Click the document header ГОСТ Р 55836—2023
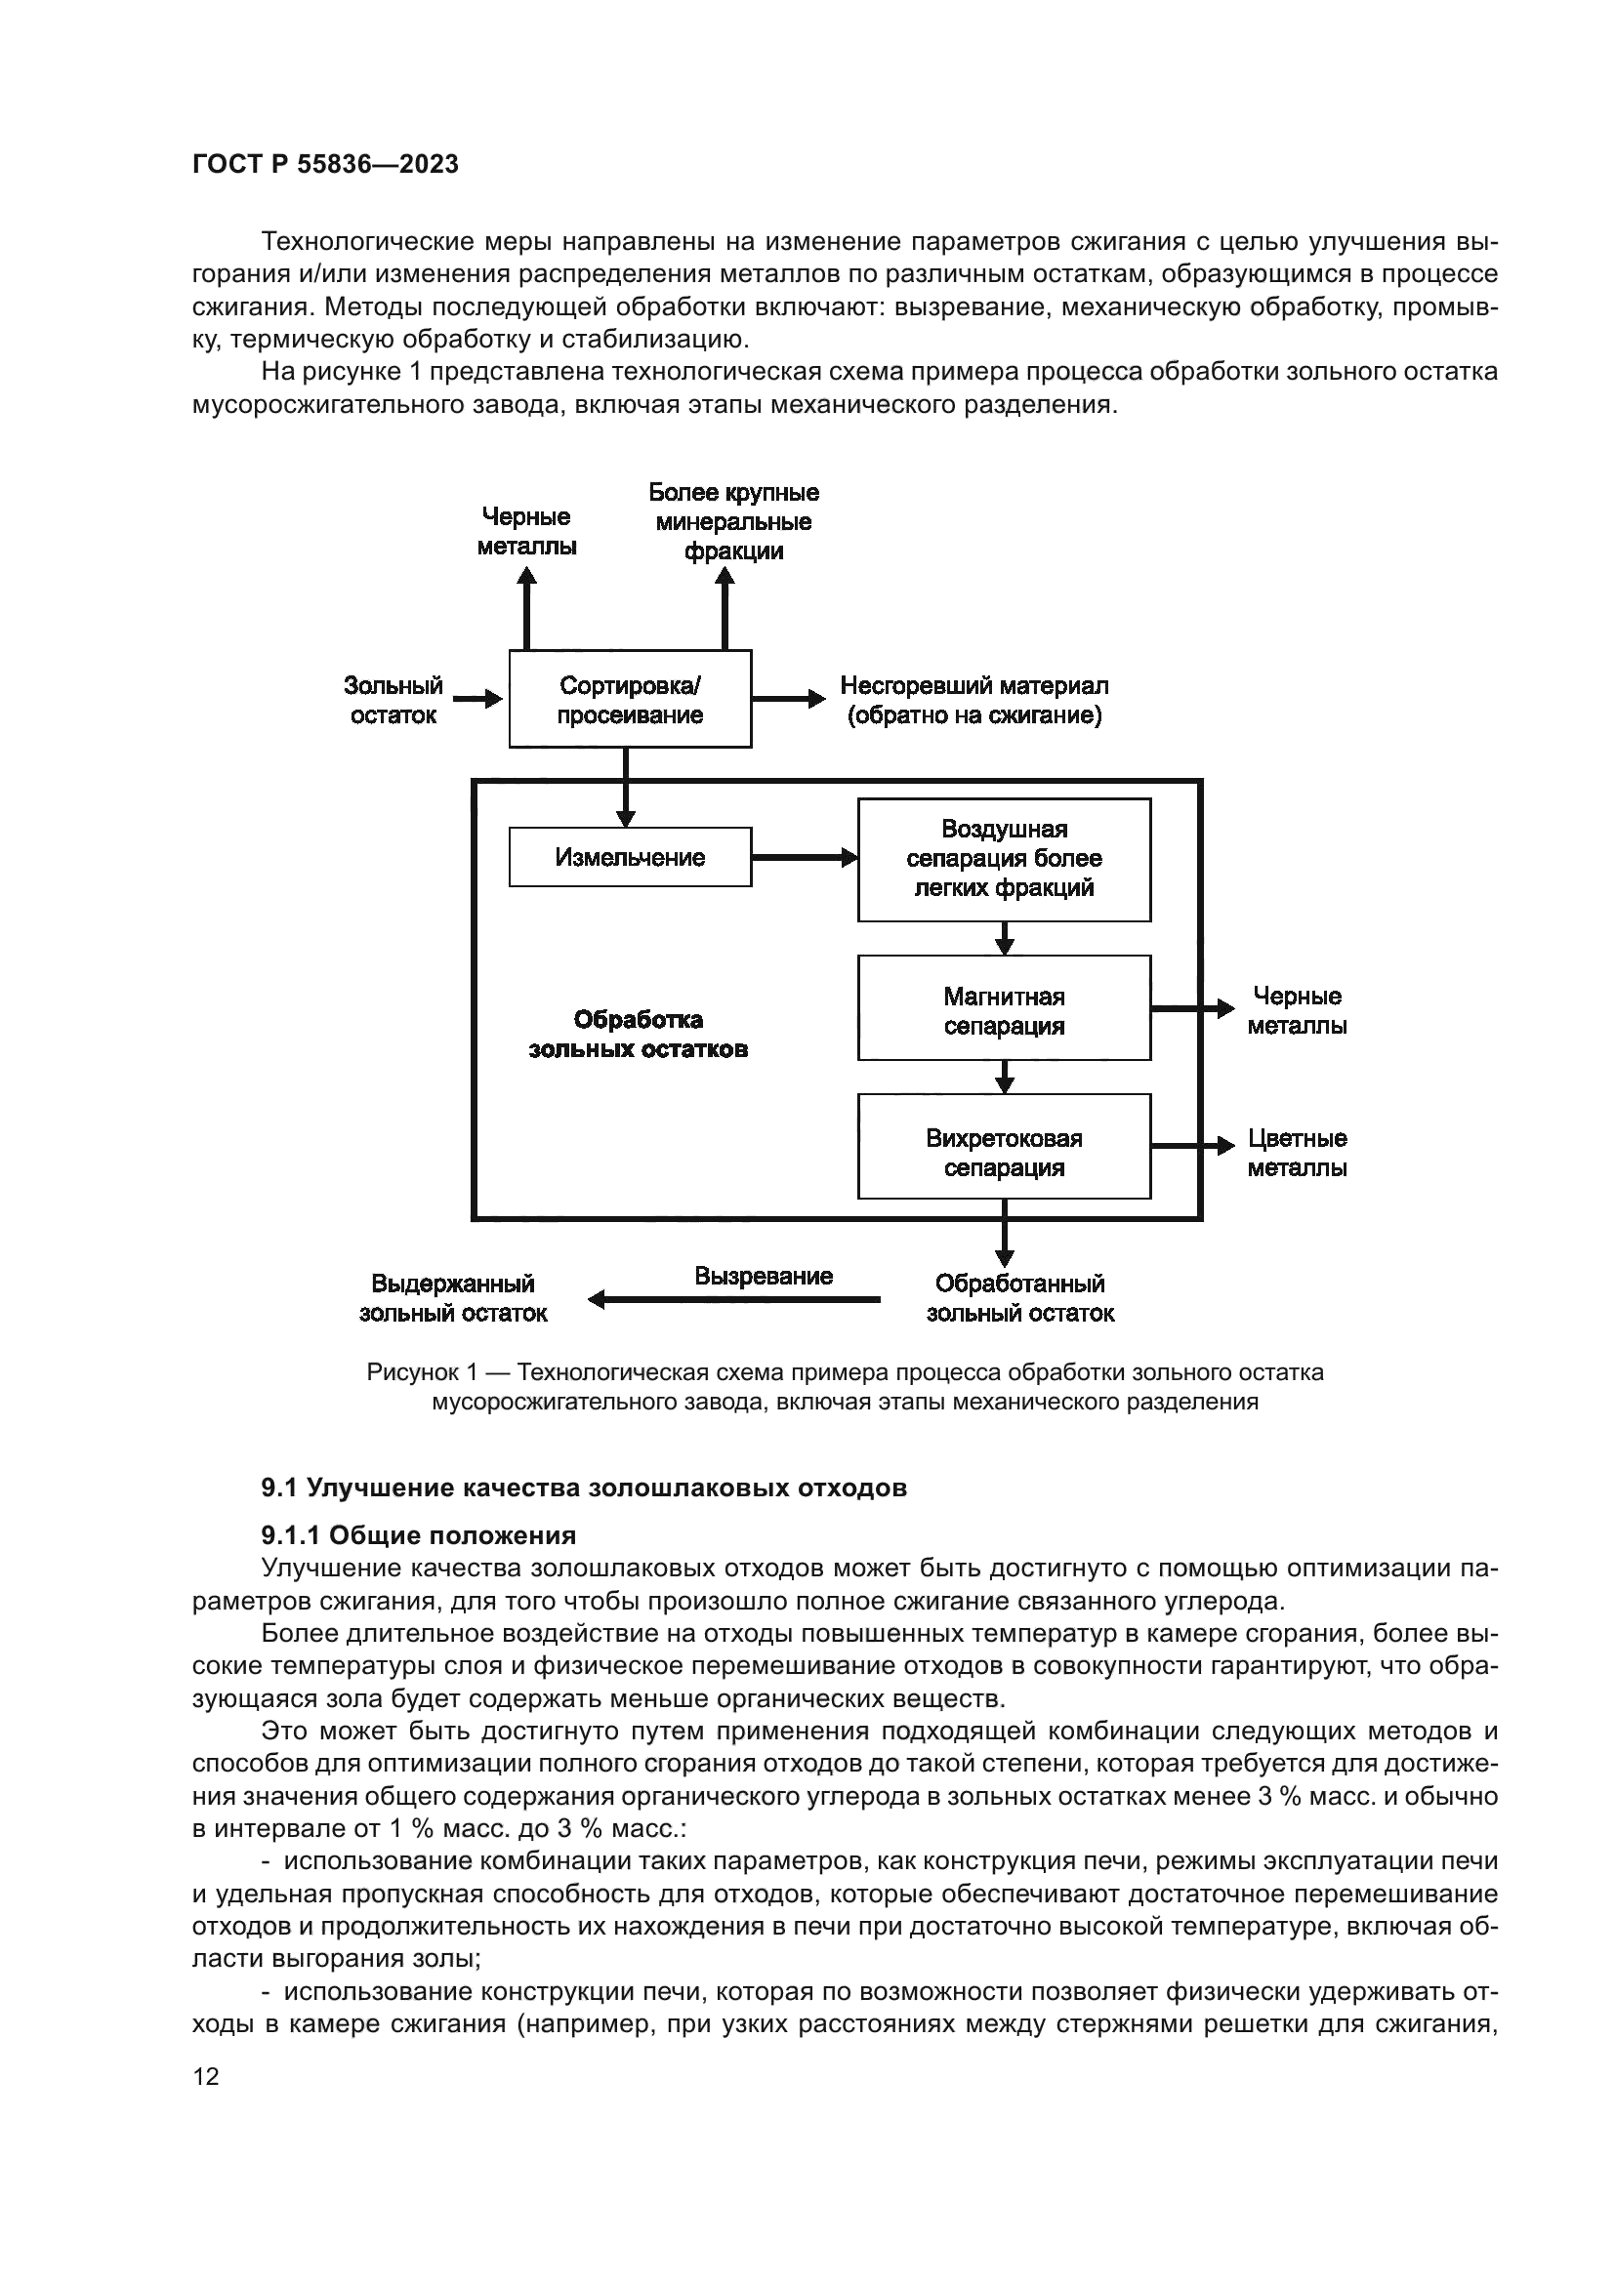click(325, 164)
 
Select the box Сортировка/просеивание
click(630, 699)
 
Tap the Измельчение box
click(630, 857)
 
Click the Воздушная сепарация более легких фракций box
click(1004, 859)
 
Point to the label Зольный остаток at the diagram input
click(393, 700)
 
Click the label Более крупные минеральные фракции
click(733, 522)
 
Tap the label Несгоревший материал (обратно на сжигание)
click(973, 700)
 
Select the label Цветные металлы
click(1297, 1153)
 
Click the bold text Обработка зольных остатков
click(638, 1034)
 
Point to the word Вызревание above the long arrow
click(763, 1276)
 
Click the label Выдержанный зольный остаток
click(452, 1297)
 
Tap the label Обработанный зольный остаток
click(1019, 1297)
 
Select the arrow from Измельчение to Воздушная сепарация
click(804, 857)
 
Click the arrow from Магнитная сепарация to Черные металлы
click(1191, 1008)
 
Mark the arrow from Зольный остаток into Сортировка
click(477, 699)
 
